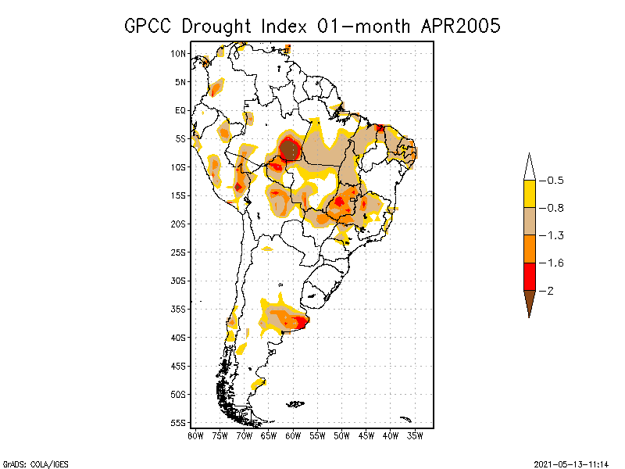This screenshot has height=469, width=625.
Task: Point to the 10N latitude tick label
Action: (x=178, y=53)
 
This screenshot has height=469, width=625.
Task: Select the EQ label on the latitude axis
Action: (x=180, y=110)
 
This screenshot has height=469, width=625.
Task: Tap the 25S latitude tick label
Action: (x=178, y=252)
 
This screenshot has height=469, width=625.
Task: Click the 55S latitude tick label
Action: (x=178, y=422)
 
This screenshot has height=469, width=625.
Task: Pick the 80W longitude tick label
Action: (x=195, y=435)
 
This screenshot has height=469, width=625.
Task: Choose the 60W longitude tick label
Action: (x=293, y=435)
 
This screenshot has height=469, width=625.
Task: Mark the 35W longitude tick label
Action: (x=415, y=435)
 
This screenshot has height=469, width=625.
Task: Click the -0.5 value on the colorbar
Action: (x=555, y=181)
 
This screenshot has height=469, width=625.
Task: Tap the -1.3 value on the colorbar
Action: (x=555, y=235)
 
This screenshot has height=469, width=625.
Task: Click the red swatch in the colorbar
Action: (x=530, y=276)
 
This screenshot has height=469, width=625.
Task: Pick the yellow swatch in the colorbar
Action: (x=530, y=194)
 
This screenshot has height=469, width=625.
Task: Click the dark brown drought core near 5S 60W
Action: (x=290, y=148)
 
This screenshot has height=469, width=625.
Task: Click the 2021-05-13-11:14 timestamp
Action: (x=571, y=463)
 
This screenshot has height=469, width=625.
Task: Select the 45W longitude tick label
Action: (x=366, y=435)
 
